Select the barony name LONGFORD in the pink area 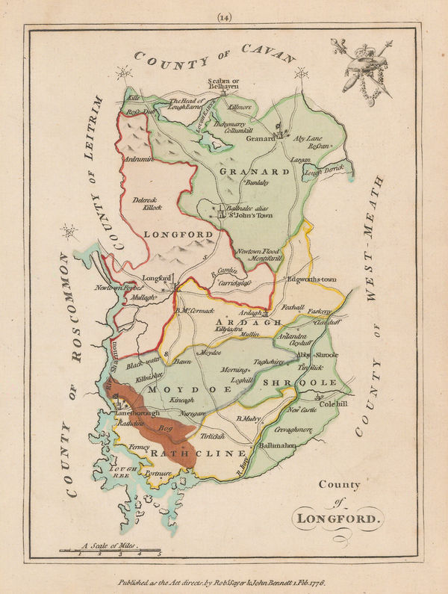tap(172, 234)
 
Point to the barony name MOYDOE tap(176, 389)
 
